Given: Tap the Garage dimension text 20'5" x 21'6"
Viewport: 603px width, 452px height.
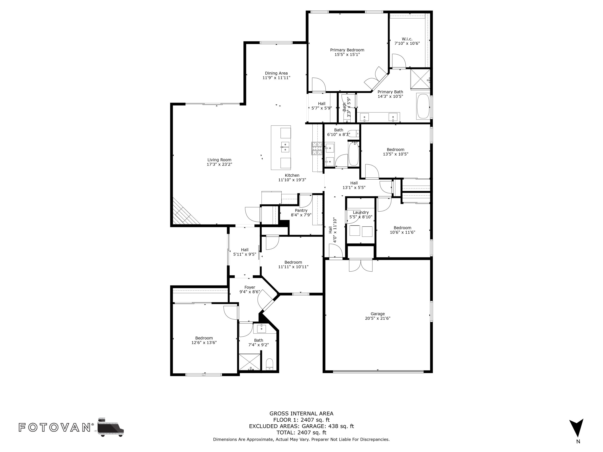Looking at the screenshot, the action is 377,318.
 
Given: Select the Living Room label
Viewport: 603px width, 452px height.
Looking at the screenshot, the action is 219,160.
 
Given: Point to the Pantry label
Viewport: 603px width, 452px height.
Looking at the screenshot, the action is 301,210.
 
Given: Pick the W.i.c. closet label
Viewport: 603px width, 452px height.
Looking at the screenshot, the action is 407,39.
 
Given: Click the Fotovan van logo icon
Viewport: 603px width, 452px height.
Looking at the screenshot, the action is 110,427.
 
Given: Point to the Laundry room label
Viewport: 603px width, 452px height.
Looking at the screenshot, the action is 361,212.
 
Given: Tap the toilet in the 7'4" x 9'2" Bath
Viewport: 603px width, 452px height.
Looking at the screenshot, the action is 269,364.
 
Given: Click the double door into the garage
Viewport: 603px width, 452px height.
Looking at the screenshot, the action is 361,265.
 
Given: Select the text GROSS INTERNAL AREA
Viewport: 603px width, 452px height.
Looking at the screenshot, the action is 301,414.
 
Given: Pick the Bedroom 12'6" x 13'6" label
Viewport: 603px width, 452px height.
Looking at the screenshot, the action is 204,338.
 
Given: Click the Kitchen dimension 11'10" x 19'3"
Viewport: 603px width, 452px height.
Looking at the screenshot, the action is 292,180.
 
